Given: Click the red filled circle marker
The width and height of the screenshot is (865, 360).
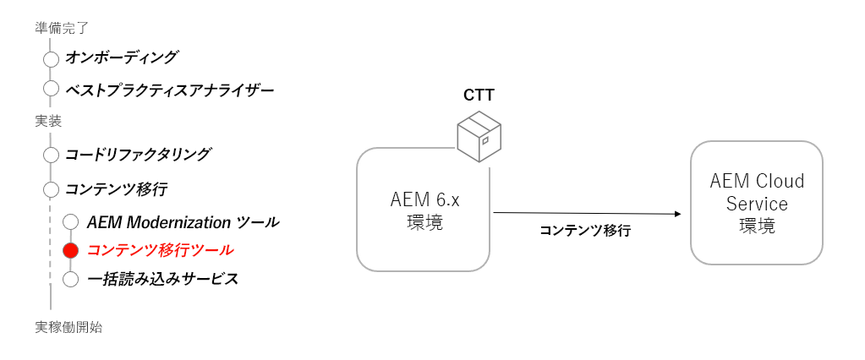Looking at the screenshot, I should (x=71, y=250).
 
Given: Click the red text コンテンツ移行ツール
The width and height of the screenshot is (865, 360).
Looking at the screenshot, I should (x=160, y=250).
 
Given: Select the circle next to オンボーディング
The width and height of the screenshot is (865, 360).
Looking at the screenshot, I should (x=51, y=59).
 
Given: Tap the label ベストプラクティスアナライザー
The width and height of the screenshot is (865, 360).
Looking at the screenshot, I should (x=169, y=89).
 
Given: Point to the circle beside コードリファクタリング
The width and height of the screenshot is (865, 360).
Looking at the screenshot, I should (x=51, y=155).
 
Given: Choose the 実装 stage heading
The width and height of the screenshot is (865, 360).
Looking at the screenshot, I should (x=48, y=121).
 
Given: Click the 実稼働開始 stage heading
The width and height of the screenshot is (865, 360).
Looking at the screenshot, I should (x=68, y=328).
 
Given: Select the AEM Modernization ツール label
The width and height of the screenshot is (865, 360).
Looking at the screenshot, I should (x=183, y=222).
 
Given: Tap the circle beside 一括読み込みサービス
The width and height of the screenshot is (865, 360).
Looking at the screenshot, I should (x=71, y=279).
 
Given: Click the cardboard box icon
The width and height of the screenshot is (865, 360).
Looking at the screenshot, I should (x=478, y=137).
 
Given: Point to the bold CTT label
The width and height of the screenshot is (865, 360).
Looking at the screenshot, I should (x=479, y=95).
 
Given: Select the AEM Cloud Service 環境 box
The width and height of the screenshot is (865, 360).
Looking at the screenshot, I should (x=756, y=203).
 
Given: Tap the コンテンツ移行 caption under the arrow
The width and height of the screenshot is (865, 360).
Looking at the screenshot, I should (x=584, y=230).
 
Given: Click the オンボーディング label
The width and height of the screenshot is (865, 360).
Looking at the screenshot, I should (x=122, y=57).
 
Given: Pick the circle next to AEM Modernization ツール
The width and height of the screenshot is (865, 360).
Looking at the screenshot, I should (x=71, y=222).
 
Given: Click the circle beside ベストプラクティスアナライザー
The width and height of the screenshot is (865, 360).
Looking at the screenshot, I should (x=51, y=89).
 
